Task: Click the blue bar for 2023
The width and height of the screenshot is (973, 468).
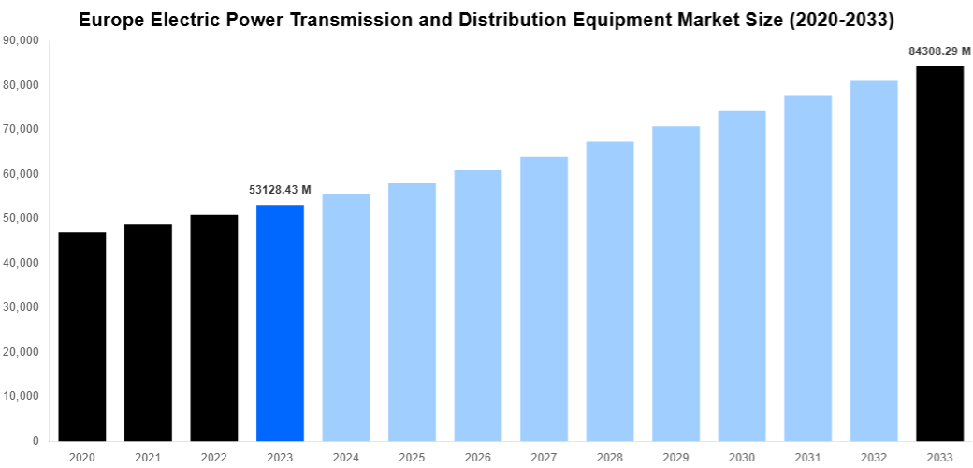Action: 280,323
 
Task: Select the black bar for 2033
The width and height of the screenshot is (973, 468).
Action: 939,254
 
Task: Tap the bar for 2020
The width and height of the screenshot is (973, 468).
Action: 82,337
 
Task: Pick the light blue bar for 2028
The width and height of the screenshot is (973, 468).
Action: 610,291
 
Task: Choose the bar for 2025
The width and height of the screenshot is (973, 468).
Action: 412,312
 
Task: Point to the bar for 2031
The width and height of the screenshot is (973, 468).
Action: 807,269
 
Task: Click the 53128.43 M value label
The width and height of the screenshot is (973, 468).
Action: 280,190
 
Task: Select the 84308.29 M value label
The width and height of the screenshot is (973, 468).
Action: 939,51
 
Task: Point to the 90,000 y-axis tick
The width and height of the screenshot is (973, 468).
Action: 22,40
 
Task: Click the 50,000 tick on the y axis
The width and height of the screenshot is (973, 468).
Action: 22,218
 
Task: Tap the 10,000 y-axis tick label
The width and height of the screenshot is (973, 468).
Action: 22,396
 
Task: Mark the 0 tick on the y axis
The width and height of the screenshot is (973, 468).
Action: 35,441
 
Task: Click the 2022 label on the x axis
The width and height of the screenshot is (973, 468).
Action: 214,457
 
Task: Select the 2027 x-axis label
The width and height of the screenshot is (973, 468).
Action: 544,457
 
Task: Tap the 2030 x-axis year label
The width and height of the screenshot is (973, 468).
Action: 742,457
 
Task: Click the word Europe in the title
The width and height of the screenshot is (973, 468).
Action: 110,18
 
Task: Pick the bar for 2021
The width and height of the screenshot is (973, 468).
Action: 148,332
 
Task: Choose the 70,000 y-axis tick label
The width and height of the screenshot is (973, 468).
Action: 22,129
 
